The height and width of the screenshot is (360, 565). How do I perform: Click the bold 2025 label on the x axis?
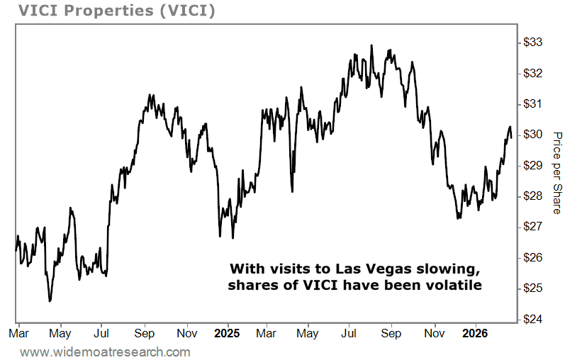(228, 332)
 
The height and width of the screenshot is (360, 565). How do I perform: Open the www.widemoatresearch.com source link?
(105, 352)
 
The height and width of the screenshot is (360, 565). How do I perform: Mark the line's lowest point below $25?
(50, 301)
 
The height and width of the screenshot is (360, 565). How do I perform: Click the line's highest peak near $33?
(371, 46)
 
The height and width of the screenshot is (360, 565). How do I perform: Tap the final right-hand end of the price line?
(511, 136)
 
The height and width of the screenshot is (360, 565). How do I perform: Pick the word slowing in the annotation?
(452, 270)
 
